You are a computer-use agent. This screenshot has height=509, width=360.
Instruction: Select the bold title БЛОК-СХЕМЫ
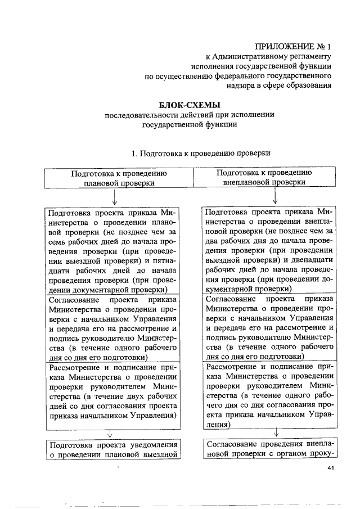tap(190, 105)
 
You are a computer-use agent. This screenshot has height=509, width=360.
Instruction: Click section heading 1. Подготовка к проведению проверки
tap(201, 152)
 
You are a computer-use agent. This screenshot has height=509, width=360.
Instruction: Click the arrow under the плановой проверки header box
tap(115, 197)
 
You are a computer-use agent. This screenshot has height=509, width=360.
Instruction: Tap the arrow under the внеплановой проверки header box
tap(275, 197)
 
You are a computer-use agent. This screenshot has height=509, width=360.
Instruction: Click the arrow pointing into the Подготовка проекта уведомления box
tap(109, 434)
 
